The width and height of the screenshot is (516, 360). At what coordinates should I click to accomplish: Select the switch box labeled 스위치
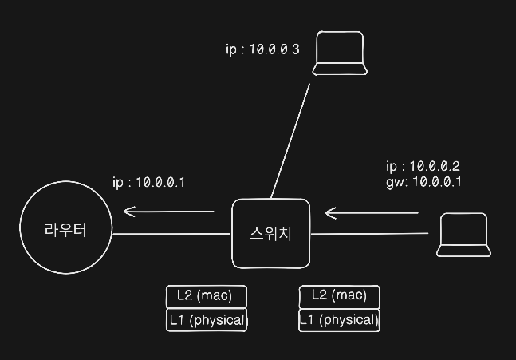point(270,233)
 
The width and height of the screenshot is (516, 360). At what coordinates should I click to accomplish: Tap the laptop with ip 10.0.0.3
point(340,53)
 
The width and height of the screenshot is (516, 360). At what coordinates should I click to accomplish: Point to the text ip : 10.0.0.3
point(262,49)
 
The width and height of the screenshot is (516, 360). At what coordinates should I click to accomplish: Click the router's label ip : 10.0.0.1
point(149,182)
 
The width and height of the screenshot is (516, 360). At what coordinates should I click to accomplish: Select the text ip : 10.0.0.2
point(423,167)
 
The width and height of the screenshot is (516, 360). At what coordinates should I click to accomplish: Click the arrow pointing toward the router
point(169,212)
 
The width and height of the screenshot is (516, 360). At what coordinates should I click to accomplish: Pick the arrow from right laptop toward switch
point(372,213)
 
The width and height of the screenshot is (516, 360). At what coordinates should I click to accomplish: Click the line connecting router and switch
point(172,235)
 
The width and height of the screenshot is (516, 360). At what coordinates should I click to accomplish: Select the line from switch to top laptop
point(290,140)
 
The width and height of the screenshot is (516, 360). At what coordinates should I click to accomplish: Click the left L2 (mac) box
point(206,296)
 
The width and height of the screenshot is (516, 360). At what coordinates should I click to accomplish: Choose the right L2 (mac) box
point(339,296)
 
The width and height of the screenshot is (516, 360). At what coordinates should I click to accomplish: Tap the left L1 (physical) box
point(206,321)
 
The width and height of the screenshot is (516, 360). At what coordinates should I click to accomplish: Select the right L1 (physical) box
point(339,321)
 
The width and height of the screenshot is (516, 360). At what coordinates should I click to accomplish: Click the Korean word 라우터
point(65,230)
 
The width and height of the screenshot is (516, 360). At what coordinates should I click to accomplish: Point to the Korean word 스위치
point(271,234)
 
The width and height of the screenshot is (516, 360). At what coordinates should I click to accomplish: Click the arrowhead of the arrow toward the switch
point(329,213)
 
